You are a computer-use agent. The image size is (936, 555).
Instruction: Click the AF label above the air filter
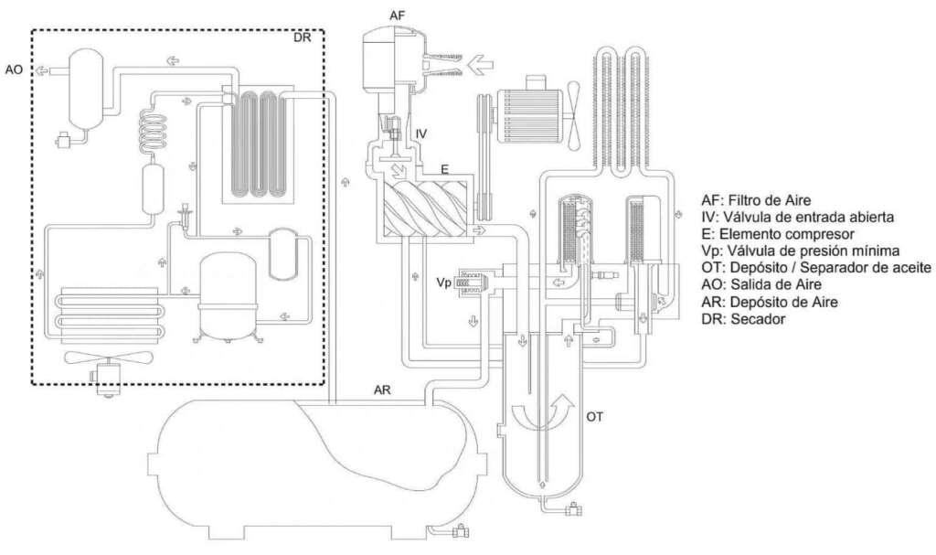[398, 16]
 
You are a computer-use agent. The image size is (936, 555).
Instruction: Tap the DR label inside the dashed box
[302, 37]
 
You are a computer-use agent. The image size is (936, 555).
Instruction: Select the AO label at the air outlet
[14, 69]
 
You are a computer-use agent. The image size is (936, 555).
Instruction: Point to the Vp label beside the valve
[443, 283]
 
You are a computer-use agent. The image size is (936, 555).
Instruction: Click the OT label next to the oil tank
[594, 417]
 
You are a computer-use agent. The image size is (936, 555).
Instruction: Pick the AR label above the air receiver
[382, 390]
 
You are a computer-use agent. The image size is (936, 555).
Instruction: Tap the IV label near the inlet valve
[421, 133]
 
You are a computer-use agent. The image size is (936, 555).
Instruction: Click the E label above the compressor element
[445, 170]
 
